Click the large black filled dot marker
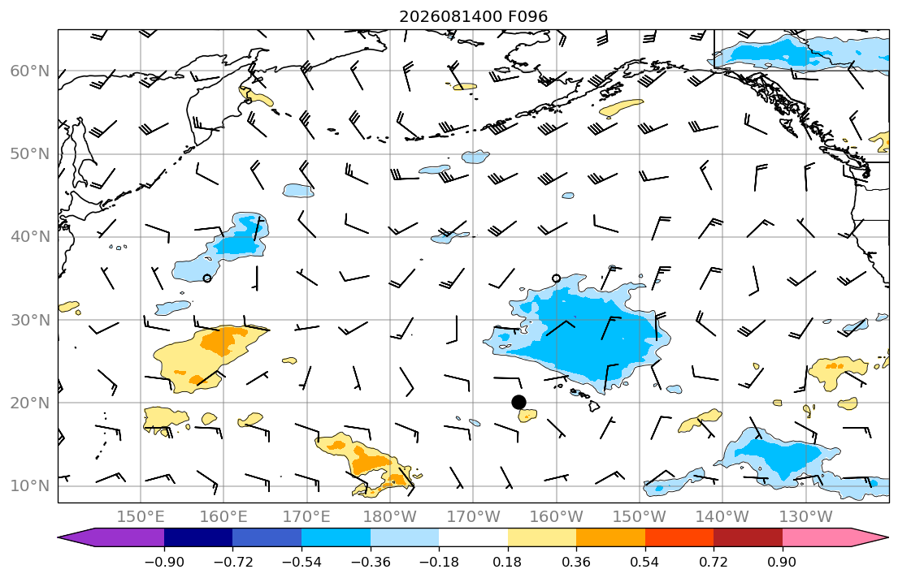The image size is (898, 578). click(518, 403)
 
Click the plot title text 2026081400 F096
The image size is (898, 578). click(473, 16)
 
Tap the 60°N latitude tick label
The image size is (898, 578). click(30, 71)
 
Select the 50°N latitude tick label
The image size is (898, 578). click(30, 154)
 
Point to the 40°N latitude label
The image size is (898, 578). click(30, 237)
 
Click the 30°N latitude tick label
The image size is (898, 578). click(30, 320)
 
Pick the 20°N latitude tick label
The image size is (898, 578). click(30, 403)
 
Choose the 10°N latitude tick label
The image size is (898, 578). click(30, 486)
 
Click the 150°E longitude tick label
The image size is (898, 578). click(141, 517)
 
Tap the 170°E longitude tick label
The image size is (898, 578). click(307, 517)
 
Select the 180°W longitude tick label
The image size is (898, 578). click(390, 517)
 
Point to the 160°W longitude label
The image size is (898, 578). click(556, 517)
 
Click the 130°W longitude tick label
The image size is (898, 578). click(806, 517)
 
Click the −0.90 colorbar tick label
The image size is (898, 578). click(164, 562)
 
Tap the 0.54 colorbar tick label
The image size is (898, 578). click(645, 562)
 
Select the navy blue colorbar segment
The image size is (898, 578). click(198, 537)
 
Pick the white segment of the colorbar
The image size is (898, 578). click(473, 537)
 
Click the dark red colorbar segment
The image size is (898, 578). click(748, 537)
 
